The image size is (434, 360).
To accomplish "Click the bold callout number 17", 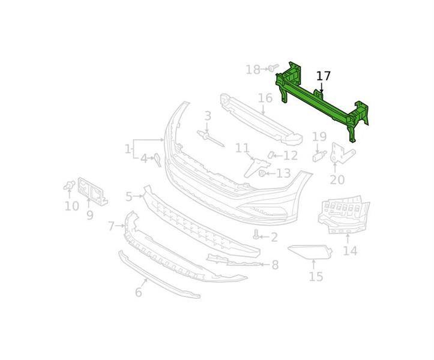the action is coord(324,76).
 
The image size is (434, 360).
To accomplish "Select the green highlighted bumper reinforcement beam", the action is coord(322,101).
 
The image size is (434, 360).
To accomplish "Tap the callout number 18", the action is coord(253,70).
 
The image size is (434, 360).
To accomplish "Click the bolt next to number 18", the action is coord(273,68).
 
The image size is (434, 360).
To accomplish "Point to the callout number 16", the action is coord(265,98).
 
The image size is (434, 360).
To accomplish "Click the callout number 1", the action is coord(127,149).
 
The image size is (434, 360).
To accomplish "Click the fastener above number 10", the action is coord(69,185).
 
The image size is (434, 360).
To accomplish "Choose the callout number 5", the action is coord(129,197).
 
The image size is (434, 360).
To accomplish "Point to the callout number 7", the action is coord(111,226).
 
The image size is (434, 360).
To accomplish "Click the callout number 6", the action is coord(139,292).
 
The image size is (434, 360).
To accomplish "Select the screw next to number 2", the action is coord(256,235).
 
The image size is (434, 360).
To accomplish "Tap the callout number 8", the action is coord(275,265).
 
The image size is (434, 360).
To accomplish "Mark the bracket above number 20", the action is coord(343,154).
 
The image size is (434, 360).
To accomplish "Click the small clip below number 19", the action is coord(319,157).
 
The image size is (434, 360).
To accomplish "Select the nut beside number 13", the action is coord(262,174).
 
